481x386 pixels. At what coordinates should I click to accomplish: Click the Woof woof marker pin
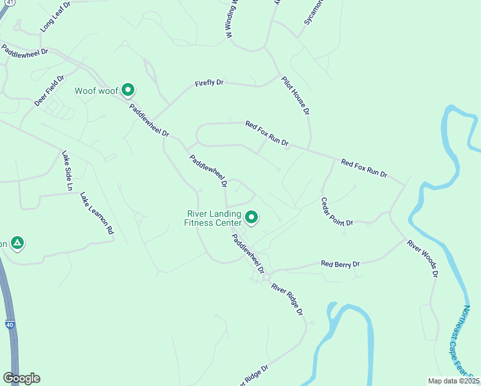(128, 90)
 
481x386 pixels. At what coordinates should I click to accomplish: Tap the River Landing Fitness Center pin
(251, 218)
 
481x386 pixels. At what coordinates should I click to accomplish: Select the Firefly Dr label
(209, 83)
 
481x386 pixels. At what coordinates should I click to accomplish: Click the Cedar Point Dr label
(337, 211)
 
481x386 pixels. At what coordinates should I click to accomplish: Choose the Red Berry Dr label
(340, 264)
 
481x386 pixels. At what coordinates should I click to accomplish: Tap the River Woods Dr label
(422, 259)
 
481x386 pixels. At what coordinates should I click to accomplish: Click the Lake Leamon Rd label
(96, 212)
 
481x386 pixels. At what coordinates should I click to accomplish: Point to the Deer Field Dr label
(50, 91)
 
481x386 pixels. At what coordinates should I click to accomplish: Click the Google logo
(21, 378)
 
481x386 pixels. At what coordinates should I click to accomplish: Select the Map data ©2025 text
(454, 381)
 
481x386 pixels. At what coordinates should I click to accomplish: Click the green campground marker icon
(17, 243)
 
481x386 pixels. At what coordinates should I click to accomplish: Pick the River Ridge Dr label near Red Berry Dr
(287, 299)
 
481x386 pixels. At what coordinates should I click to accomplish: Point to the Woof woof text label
(96, 91)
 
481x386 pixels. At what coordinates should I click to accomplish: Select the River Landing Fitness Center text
(213, 219)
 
